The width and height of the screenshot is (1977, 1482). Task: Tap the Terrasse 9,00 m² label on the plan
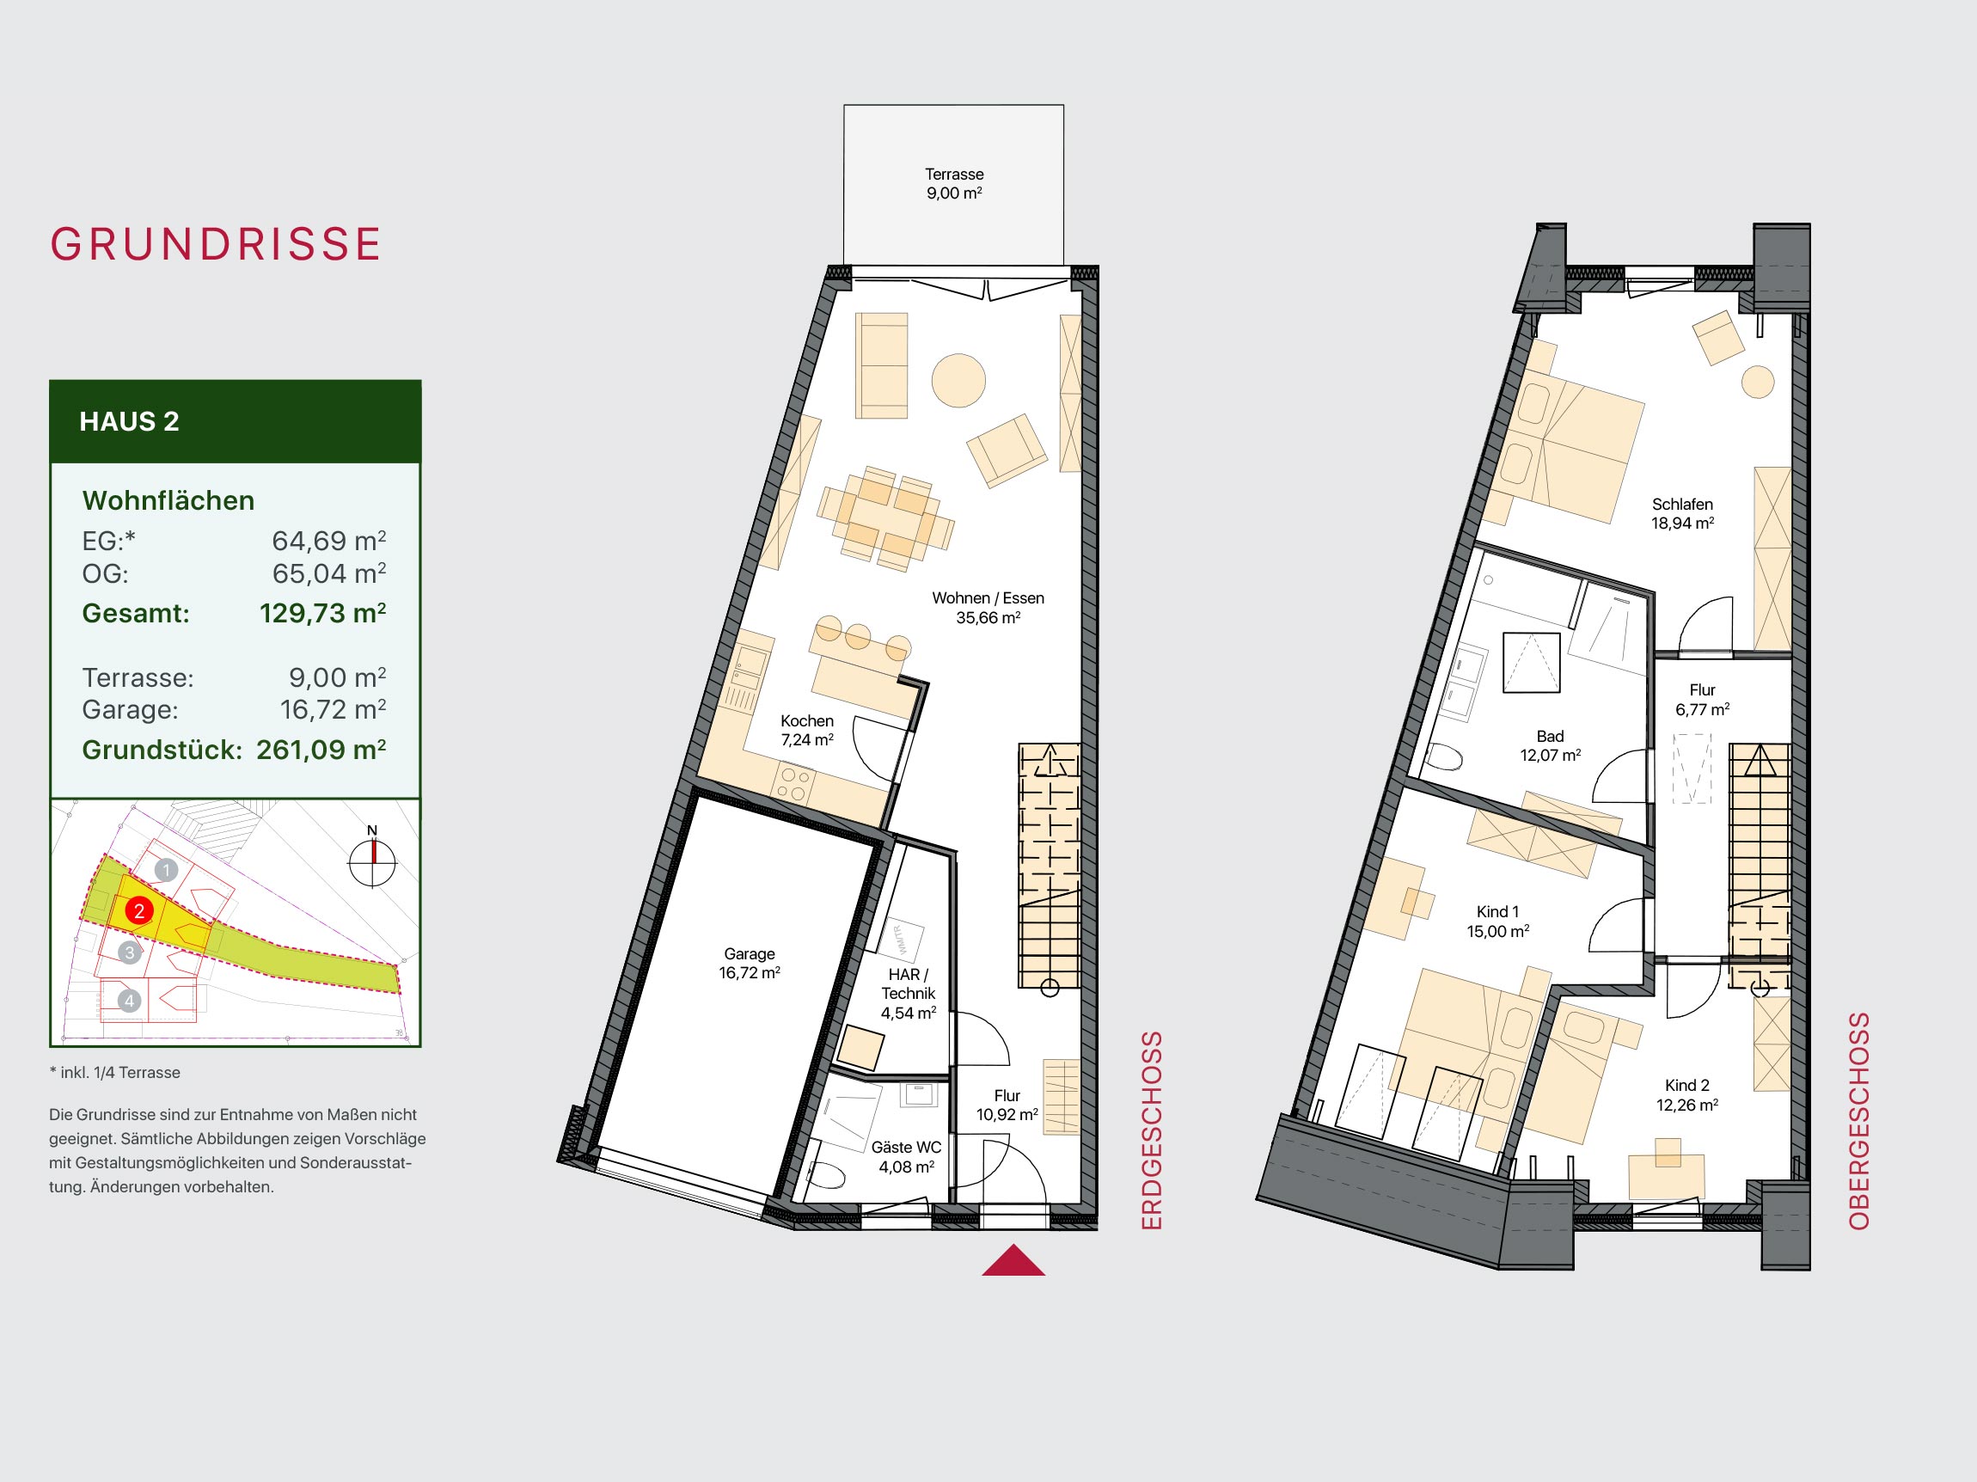point(954,184)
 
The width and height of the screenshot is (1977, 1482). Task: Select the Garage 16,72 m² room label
point(749,964)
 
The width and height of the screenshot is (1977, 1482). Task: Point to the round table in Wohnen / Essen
point(958,380)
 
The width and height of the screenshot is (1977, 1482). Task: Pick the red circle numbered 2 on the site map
point(138,912)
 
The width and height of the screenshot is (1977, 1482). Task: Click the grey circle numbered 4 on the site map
point(130,1001)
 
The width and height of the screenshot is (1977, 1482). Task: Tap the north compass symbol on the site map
point(372,860)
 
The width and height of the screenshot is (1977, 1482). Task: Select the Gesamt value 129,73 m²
point(322,613)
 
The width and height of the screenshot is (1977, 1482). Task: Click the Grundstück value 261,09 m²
point(321,749)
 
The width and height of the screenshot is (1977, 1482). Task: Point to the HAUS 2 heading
point(130,421)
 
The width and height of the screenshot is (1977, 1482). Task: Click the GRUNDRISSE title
point(216,244)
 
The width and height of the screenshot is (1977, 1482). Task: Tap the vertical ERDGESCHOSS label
point(1152,1131)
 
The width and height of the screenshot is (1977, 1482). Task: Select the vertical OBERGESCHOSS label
point(1859,1122)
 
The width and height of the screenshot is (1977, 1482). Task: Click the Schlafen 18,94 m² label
point(1682,514)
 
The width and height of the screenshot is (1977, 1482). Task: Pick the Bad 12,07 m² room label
point(1551,745)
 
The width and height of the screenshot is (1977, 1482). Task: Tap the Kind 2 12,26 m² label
point(1687,1095)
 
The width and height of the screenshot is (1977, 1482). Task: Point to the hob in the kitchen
point(793,784)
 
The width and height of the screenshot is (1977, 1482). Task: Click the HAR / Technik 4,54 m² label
point(908,993)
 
